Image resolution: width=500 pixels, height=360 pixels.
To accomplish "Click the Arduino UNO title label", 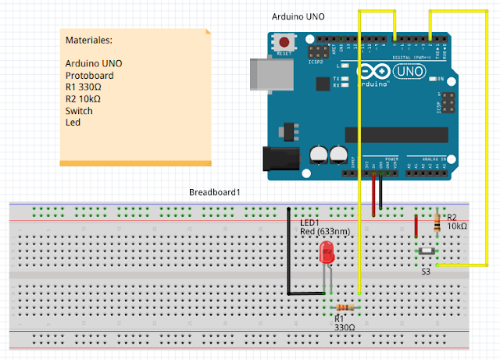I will pos(298,16).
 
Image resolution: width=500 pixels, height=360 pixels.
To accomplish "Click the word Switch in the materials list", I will pos(79,111).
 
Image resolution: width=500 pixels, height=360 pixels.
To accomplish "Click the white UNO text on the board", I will pos(415,72).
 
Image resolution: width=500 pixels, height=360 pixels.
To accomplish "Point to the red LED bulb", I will pos(327,253).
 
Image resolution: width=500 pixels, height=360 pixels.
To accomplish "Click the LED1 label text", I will pos(311,223).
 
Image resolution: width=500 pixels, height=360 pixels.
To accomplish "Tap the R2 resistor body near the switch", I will pos(435,224).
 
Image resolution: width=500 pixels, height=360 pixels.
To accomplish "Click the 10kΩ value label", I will pos(457,226).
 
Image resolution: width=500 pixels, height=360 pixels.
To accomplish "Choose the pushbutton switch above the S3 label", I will pos(427,251).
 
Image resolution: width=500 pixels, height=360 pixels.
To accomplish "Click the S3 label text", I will pos(426,272).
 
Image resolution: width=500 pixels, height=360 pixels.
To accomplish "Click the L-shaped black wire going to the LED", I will pos(288,258).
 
